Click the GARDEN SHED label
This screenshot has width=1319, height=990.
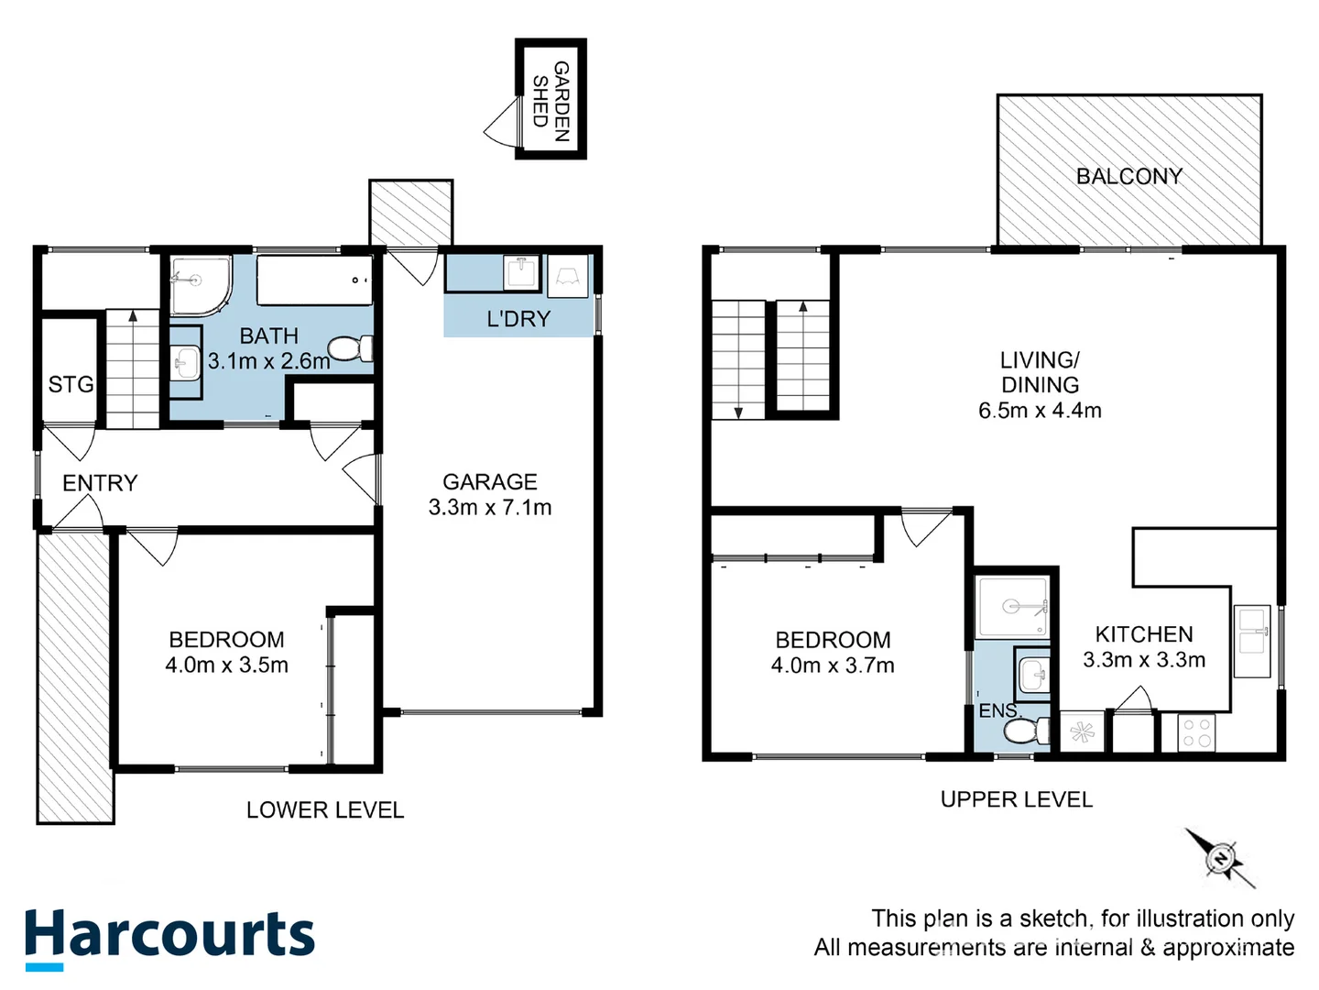551,100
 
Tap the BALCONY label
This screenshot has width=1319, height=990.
1128,176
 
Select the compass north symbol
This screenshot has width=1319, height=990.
1221,859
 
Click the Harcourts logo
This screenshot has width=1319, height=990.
169,937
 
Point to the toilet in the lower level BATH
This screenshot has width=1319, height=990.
350,349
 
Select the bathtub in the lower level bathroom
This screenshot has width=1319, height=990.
314,280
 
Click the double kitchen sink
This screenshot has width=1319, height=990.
1251,641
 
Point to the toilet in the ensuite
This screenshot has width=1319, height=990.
1025,731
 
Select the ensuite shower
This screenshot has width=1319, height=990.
1012,606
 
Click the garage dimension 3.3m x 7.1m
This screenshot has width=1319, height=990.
490,507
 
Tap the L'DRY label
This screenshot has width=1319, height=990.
518,319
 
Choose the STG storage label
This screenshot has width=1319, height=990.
71,384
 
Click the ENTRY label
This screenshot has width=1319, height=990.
100,482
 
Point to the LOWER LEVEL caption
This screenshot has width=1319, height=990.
325,809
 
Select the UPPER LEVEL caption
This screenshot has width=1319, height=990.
1017,799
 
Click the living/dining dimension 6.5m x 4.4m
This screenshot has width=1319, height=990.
1040,411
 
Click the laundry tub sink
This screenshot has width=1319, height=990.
522,273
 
